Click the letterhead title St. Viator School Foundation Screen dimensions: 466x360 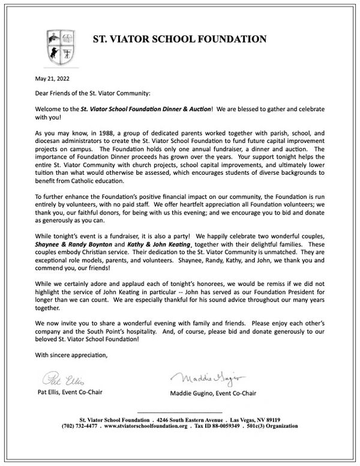point(179,40)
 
